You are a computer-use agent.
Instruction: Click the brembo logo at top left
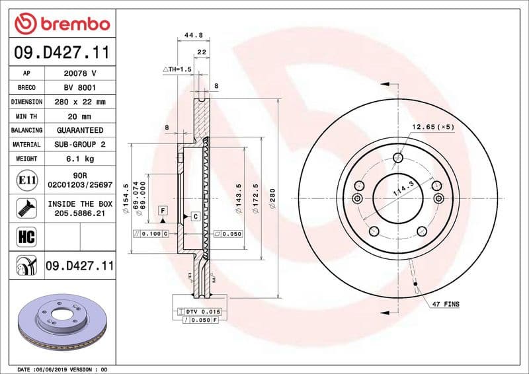(61, 24)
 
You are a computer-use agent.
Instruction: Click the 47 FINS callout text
(446, 304)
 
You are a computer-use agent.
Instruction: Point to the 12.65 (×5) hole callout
(433, 127)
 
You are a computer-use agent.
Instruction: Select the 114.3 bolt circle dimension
(402, 190)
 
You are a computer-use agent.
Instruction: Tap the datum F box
(161, 210)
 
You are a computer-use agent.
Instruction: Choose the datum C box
(196, 216)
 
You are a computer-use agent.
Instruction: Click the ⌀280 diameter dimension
(273, 198)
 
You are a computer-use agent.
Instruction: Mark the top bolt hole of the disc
(397, 157)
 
